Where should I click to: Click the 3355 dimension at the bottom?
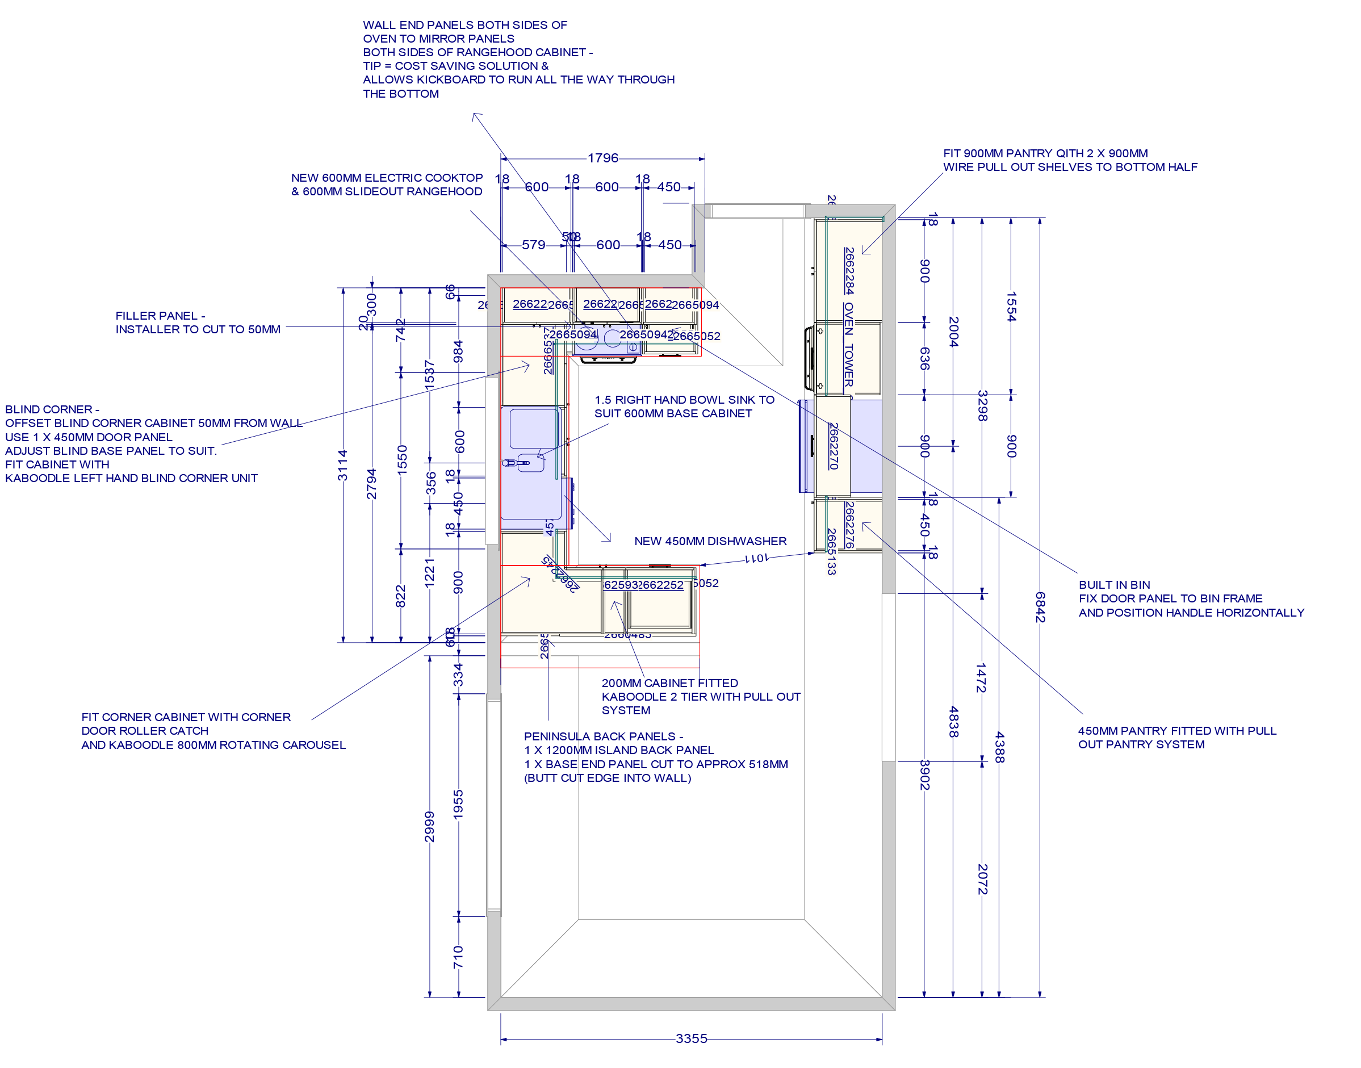pos(691,1038)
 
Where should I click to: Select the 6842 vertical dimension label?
pos(1039,607)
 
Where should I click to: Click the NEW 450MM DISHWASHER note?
pos(710,542)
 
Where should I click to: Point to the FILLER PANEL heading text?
pos(160,316)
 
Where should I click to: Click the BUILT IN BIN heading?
pos(1114,585)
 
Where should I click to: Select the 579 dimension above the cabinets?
pos(533,245)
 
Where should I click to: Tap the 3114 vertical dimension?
pos(342,465)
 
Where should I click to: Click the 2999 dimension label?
pos(429,827)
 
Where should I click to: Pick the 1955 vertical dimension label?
pos(458,805)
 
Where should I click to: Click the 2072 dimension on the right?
pos(982,879)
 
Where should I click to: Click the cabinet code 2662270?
pos(834,446)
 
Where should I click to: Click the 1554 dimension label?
pos(1011,307)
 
